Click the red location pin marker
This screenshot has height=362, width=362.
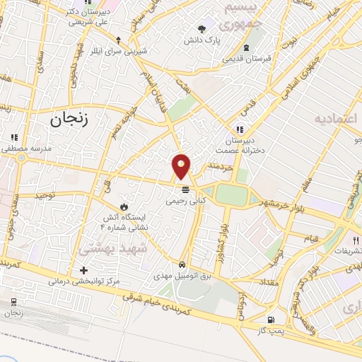tap(182, 166)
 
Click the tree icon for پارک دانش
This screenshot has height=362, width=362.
tap(203, 30)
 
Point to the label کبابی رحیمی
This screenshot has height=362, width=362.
tap(185, 201)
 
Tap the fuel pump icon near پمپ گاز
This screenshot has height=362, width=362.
tap(271, 320)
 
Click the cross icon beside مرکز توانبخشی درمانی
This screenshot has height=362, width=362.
tap(84, 270)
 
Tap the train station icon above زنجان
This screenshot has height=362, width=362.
tap(13, 303)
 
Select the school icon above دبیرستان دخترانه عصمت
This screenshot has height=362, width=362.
tap(240, 129)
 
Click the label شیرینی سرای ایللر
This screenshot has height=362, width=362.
tap(126, 51)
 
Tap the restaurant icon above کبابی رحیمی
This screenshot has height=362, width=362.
tap(185, 189)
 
